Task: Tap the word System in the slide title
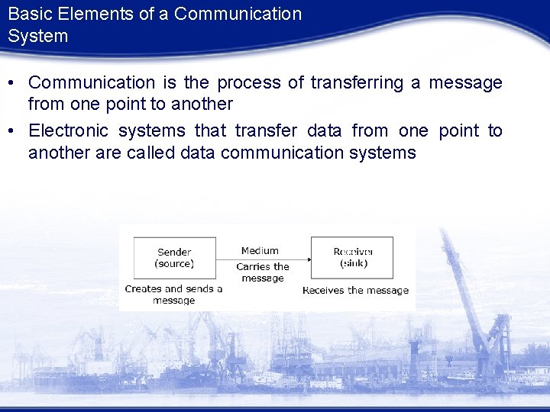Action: point(38,36)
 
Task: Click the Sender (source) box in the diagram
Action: point(174,258)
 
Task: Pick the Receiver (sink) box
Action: point(353,258)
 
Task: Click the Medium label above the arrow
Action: point(260,250)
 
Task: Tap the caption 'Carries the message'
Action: point(263,272)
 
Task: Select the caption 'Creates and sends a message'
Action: point(173,295)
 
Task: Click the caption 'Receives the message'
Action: point(355,290)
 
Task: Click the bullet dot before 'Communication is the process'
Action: point(15,83)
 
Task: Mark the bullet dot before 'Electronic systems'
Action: point(15,131)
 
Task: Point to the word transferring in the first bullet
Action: point(356,82)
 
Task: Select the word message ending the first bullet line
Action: point(465,82)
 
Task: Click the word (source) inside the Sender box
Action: point(174,264)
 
